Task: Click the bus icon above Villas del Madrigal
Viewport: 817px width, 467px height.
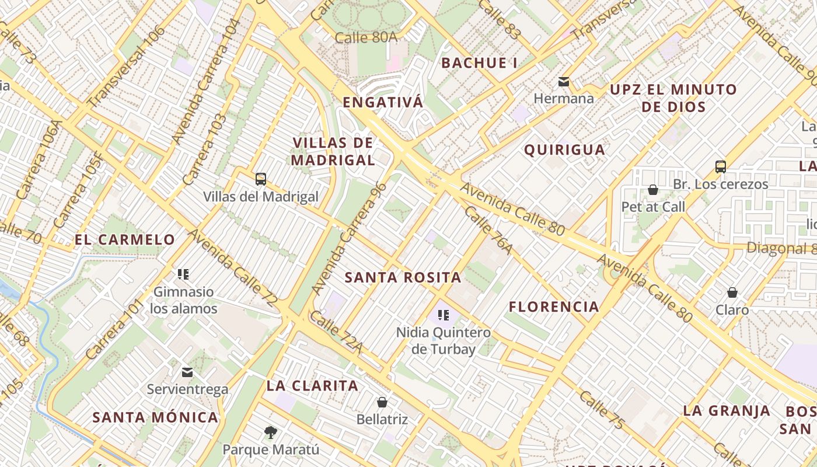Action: click(261, 179)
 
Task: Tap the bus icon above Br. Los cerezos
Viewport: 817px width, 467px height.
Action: click(721, 166)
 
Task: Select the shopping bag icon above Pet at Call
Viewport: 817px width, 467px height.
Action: click(653, 190)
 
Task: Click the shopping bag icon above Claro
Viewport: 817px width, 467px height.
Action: click(732, 292)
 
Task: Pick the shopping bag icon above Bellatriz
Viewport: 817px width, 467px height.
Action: click(382, 402)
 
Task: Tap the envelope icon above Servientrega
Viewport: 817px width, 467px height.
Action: click(187, 372)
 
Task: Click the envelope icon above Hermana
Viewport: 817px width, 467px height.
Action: click(564, 81)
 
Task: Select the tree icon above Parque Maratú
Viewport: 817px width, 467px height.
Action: click(270, 432)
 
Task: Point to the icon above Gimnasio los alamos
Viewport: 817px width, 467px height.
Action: click(184, 274)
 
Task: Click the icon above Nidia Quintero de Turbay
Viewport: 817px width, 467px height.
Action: click(444, 316)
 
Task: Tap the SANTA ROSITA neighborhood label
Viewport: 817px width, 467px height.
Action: click(403, 277)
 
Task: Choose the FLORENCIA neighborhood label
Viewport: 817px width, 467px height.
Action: click(554, 306)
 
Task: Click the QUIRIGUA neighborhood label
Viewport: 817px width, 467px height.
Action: click(564, 150)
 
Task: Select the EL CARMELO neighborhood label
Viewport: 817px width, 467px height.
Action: click(125, 239)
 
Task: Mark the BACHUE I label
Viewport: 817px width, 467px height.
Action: click(480, 63)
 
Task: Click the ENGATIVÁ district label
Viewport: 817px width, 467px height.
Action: click(383, 103)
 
